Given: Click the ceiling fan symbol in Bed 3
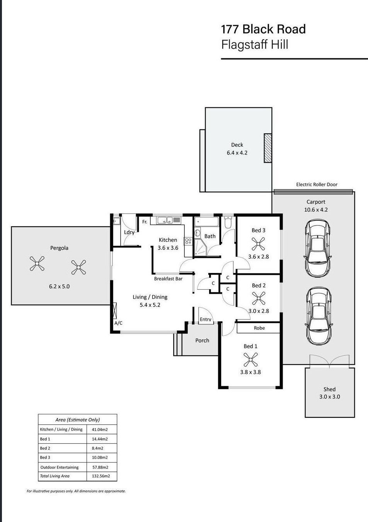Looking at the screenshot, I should [258, 244].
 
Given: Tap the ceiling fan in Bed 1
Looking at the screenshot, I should [250, 360].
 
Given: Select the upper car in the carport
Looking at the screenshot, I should [318, 247].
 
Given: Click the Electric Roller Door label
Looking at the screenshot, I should [317, 185].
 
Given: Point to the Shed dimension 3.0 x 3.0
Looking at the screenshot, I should [329, 397].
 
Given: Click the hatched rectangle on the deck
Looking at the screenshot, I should [267, 148].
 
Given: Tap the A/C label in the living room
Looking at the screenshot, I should [118, 323].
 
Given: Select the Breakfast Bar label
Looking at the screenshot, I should [168, 278].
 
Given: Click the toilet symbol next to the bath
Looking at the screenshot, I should [228, 223].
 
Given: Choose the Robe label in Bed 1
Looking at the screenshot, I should [259, 328].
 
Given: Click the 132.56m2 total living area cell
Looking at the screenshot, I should [102, 476].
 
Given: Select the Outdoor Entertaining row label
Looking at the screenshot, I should [59, 467].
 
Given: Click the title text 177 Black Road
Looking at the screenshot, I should [263, 29].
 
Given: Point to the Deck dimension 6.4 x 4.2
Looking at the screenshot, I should [237, 153].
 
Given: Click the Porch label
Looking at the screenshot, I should [202, 340].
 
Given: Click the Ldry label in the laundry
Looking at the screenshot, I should [129, 232].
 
